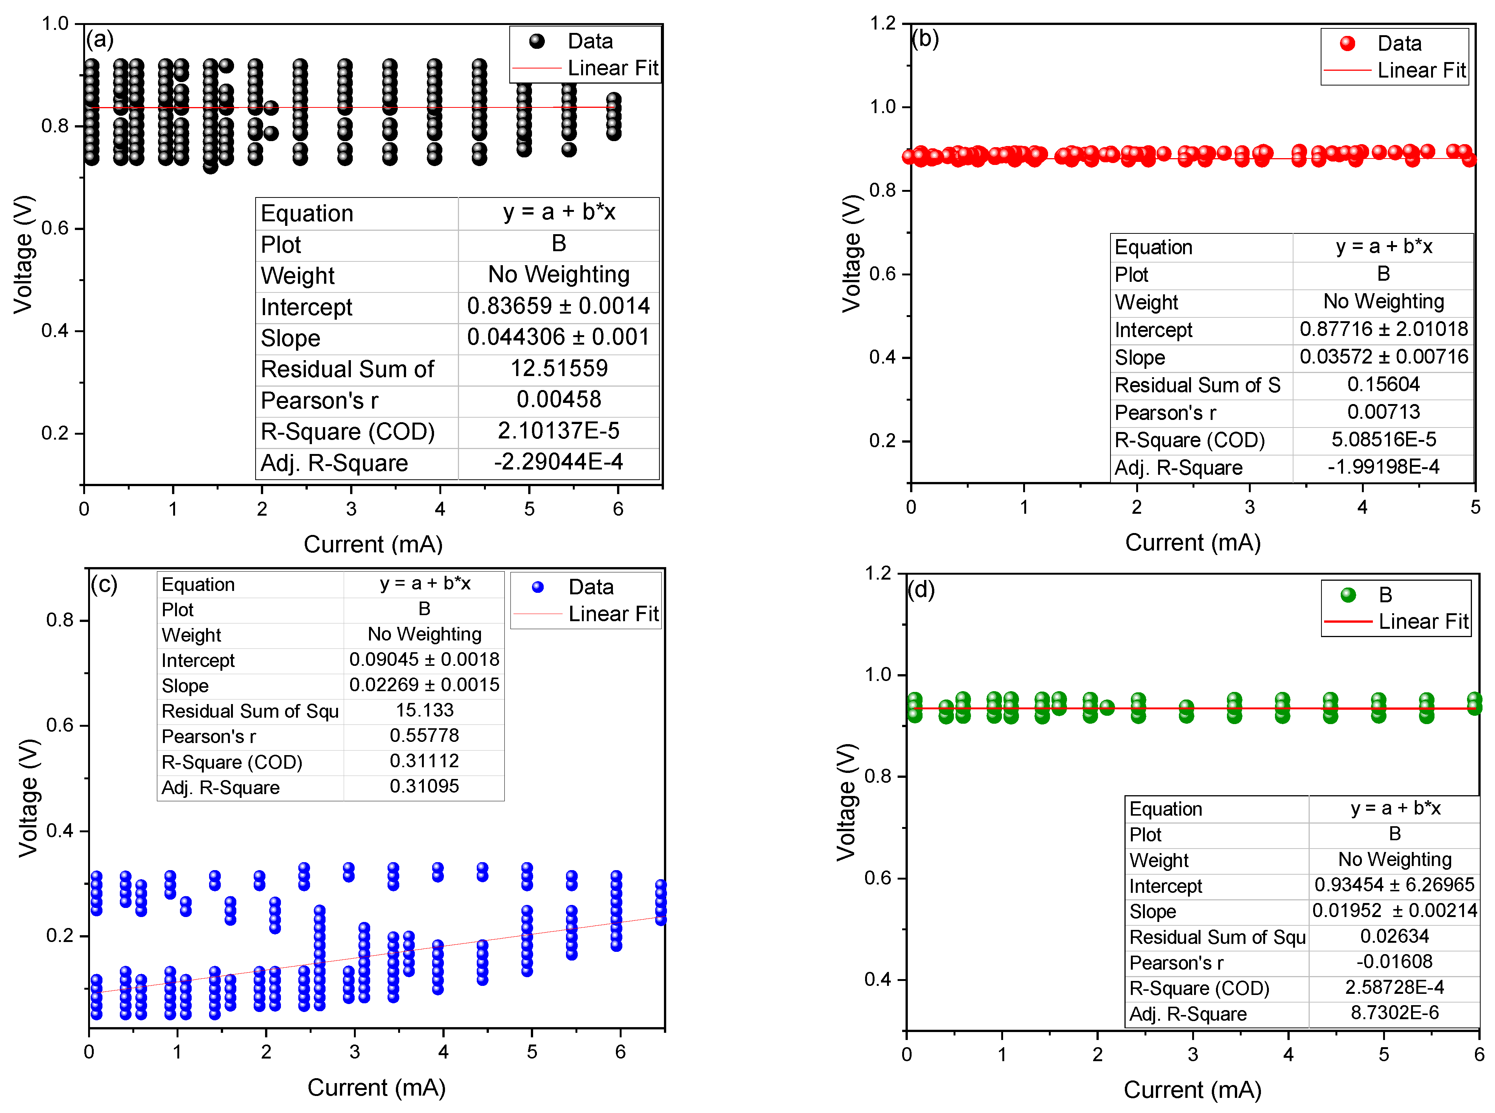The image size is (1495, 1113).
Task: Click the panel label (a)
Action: (x=100, y=40)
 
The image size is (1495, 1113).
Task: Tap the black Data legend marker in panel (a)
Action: (x=537, y=41)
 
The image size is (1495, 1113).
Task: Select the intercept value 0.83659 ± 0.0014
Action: (x=558, y=306)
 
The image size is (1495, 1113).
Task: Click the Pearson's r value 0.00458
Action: (x=558, y=399)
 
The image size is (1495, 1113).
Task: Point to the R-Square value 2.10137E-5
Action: (x=558, y=431)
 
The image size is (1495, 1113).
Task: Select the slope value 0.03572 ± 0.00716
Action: (x=1383, y=356)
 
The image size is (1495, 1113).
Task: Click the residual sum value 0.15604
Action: (x=1383, y=384)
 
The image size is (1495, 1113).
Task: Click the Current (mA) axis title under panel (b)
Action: (x=1192, y=543)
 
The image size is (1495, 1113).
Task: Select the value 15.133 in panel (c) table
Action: (x=424, y=710)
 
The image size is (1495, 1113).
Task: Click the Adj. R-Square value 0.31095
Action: (x=424, y=786)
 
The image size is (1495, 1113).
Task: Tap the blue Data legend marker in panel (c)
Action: (x=537, y=587)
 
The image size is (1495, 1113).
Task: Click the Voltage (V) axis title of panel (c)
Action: (x=28, y=798)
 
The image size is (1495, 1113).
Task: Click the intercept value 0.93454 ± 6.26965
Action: (x=1394, y=884)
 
